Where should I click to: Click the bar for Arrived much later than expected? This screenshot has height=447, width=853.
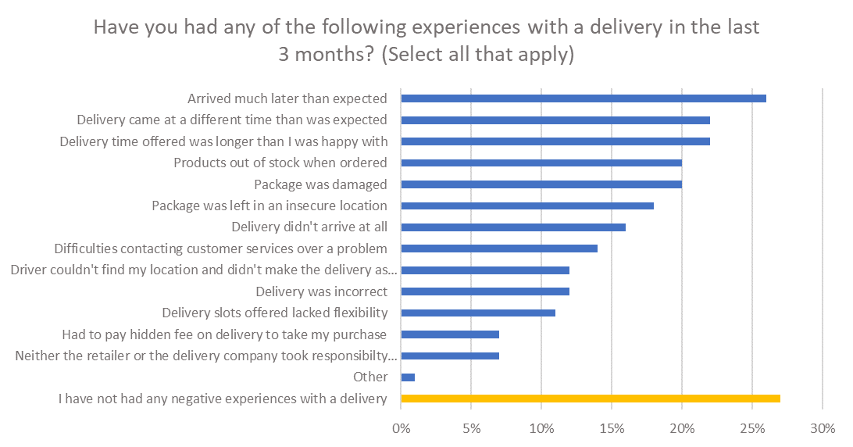pyautogui.click(x=583, y=98)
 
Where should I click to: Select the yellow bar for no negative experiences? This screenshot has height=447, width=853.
pyautogui.click(x=590, y=399)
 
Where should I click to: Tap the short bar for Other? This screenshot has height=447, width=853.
pyautogui.click(x=408, y=377)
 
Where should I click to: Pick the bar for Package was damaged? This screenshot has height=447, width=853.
pyautogui.click(x=541, y=184)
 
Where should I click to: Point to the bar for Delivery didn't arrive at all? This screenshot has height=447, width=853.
pyautogui.click(x=512, y=227)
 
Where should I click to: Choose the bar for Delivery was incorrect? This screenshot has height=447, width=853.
pyautogui.click(x=484, y=291)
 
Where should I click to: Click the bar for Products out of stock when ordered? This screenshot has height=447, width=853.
pyautogui.click(x=541, y=163)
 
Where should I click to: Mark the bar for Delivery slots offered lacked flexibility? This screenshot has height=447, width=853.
pyautogui.click(x=477, y=313)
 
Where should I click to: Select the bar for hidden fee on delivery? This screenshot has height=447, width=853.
pyautogui.click(x=449, y=334)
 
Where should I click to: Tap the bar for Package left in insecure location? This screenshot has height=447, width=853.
pyautogui.click(x=526, y=206)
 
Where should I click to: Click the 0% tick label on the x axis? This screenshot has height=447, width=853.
pyautogui.click(x=401, y=428)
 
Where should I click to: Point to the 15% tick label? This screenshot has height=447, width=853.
pyautogui.click(x=612, y=428)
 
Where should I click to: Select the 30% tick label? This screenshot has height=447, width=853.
pyautogui.click(x=823, y=428)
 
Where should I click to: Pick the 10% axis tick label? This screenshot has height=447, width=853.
pyautogui.click(x=541, y=428)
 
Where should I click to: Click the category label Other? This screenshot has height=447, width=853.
pyautogui.click(x=370, y=377)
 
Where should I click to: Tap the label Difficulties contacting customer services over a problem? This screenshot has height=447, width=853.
pyautogui.click(x=221, y=249)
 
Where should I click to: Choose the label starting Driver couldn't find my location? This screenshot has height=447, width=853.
pyautogui.click(x=203, y=270)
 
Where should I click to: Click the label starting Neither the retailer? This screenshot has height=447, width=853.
pyautogui.click(x=206, y=356)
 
